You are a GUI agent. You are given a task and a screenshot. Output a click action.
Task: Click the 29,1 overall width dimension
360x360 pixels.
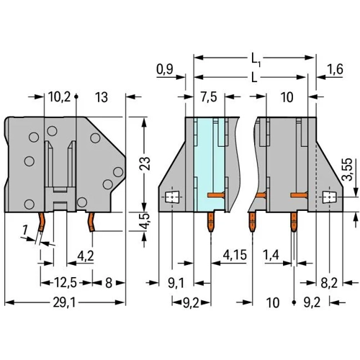coord(64,302)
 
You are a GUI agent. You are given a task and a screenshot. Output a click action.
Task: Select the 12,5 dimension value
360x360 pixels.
coord(66,283)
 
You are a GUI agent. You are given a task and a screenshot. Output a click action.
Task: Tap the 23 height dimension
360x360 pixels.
coord(145,163)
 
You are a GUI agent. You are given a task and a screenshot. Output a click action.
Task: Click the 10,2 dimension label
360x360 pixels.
coord(59,97)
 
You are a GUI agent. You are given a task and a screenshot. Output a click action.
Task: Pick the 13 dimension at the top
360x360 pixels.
coord(102,97)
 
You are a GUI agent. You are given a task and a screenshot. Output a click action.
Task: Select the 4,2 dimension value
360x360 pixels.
coord(86,256)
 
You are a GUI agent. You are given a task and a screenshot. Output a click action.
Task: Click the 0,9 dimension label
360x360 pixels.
coord(165,70)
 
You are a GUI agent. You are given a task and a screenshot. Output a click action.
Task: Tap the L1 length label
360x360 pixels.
coord(256,59)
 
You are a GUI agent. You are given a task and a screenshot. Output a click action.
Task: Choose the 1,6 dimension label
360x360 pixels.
coord(335,69)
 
